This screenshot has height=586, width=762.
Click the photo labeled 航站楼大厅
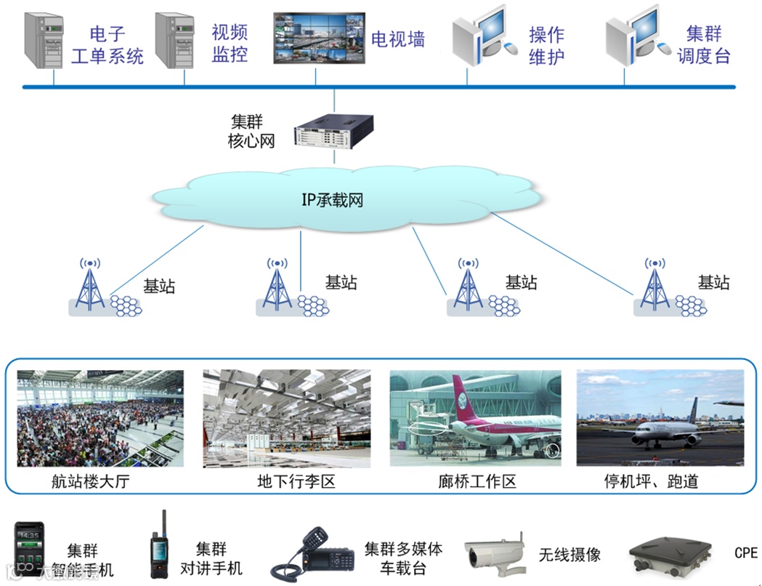coord(100,418)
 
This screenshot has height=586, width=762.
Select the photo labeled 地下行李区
coord(287,418)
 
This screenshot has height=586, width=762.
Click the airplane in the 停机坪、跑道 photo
coord(665,432)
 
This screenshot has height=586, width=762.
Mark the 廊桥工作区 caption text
coord(477,481)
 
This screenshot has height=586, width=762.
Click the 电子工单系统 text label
coord(108,45)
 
